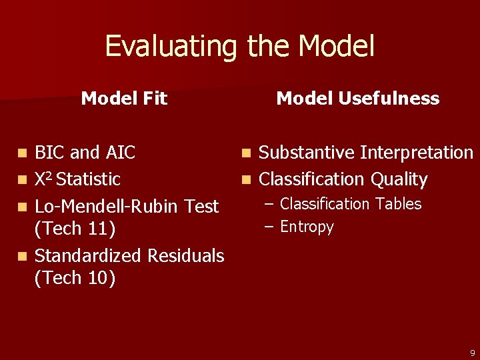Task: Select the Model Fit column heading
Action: (124, 99)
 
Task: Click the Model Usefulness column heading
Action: (358, 99)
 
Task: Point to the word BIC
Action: (50, 153)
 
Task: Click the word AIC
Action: (119, 153)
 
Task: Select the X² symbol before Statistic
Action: (43, 179)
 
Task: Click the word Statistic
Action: (89, 179)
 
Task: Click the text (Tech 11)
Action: (75, 229)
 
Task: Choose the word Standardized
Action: (89, 256)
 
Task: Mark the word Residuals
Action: (186, 256)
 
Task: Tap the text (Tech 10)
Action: (75, 278)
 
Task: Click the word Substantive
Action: (307, 153)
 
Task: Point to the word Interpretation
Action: (417, 153)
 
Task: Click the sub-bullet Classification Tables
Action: (351, 204)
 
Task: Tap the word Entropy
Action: (307, 227)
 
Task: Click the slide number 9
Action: (472, 353)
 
